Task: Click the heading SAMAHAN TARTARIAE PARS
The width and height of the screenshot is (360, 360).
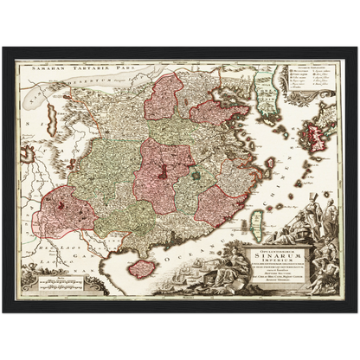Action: point(63,67)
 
